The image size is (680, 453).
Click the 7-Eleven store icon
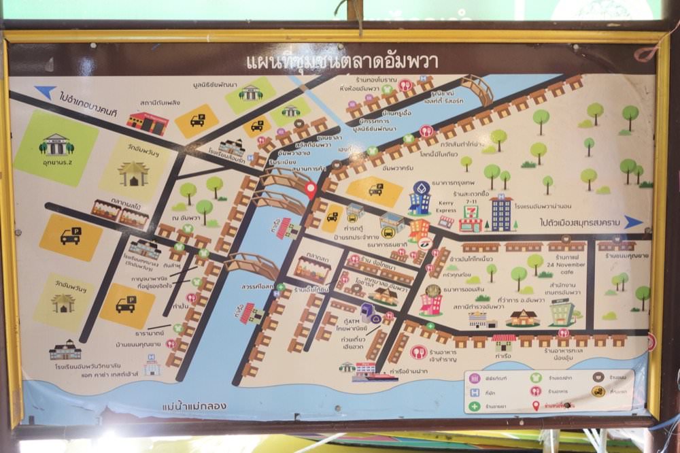coord(471,220)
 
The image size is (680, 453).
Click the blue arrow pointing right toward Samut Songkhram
coord(633,222)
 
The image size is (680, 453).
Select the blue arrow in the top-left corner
coord(45,92)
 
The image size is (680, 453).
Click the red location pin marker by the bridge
coord(311,190)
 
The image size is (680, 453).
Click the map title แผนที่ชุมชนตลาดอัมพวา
coord(341,62)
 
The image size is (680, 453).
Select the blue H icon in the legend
coord(474,392)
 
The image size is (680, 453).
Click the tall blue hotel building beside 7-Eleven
coord(502,213)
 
